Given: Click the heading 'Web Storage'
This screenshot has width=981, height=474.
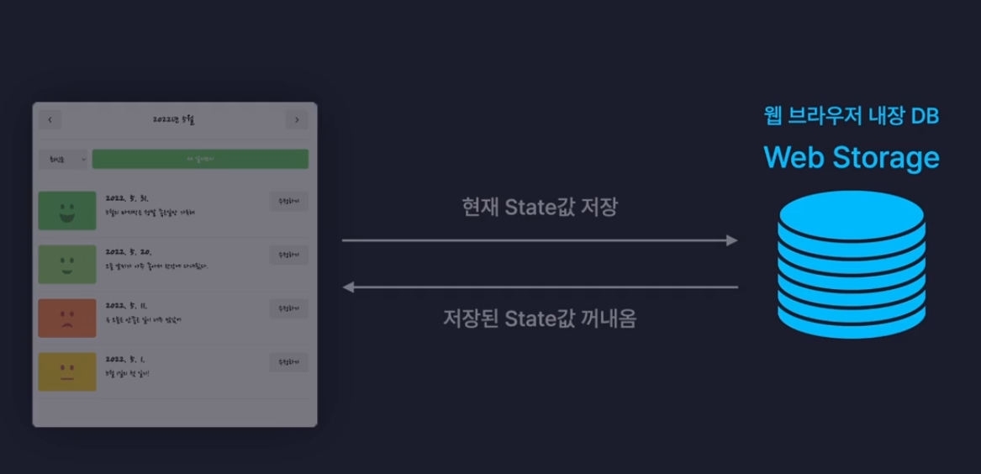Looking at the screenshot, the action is coord(851,157).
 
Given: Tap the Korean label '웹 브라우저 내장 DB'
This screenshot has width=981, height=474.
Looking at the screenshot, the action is coord(851,115).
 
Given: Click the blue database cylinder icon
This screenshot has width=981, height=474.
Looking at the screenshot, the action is coord(851,262).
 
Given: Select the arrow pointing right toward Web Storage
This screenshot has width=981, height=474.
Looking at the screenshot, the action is coord(539,240).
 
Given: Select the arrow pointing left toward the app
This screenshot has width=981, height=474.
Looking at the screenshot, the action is coord(539,287).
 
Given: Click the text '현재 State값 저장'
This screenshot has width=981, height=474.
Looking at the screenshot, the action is coord(539,208).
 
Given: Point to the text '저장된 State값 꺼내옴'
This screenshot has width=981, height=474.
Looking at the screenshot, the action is coord(539,319).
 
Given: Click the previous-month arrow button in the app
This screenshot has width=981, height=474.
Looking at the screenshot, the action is coord(50,120).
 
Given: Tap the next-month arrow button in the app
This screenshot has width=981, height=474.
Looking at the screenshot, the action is coord(297,120).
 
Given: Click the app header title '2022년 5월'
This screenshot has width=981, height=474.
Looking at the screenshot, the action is coord(174,120).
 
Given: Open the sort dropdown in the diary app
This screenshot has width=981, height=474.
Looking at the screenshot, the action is coord(63,159).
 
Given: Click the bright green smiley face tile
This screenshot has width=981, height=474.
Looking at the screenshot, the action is coord(67,211).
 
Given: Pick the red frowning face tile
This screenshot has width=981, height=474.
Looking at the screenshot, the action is coord(67,318).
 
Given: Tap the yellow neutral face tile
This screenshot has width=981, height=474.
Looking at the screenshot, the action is coord(67,371).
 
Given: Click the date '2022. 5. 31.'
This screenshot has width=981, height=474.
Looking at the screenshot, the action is coord(127,198).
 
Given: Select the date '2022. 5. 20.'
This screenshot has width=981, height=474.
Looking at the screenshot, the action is coord(128,252).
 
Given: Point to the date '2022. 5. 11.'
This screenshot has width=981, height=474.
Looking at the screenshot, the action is coord(127,306).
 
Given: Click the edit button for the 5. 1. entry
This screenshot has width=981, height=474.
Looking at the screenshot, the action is coord(288,362).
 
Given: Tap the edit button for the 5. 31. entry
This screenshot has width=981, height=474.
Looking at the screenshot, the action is coord(288,201).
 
